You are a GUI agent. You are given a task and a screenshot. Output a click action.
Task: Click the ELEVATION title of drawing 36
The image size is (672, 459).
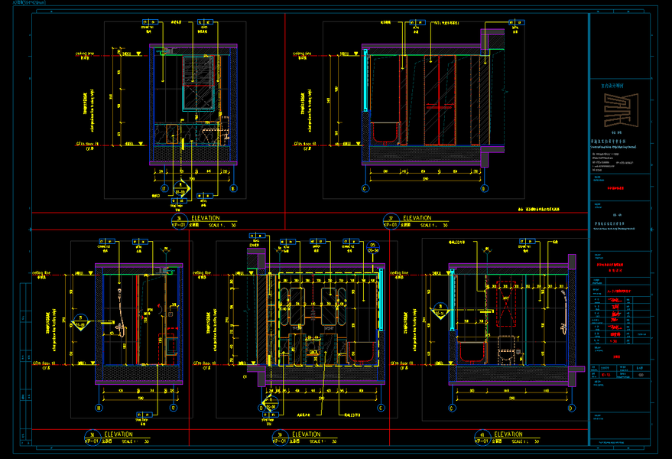click(x=204, y=218)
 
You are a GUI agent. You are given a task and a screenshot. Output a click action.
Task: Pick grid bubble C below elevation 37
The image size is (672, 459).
click(x=365, y=187)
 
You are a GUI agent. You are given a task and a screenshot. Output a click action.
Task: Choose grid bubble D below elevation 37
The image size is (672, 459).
click(x=483, y=187)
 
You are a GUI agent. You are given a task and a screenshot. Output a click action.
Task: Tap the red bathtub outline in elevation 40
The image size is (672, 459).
click(x=471, y=351)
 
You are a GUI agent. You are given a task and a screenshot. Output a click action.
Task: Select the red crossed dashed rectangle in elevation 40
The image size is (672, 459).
click(x=505, y=306)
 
